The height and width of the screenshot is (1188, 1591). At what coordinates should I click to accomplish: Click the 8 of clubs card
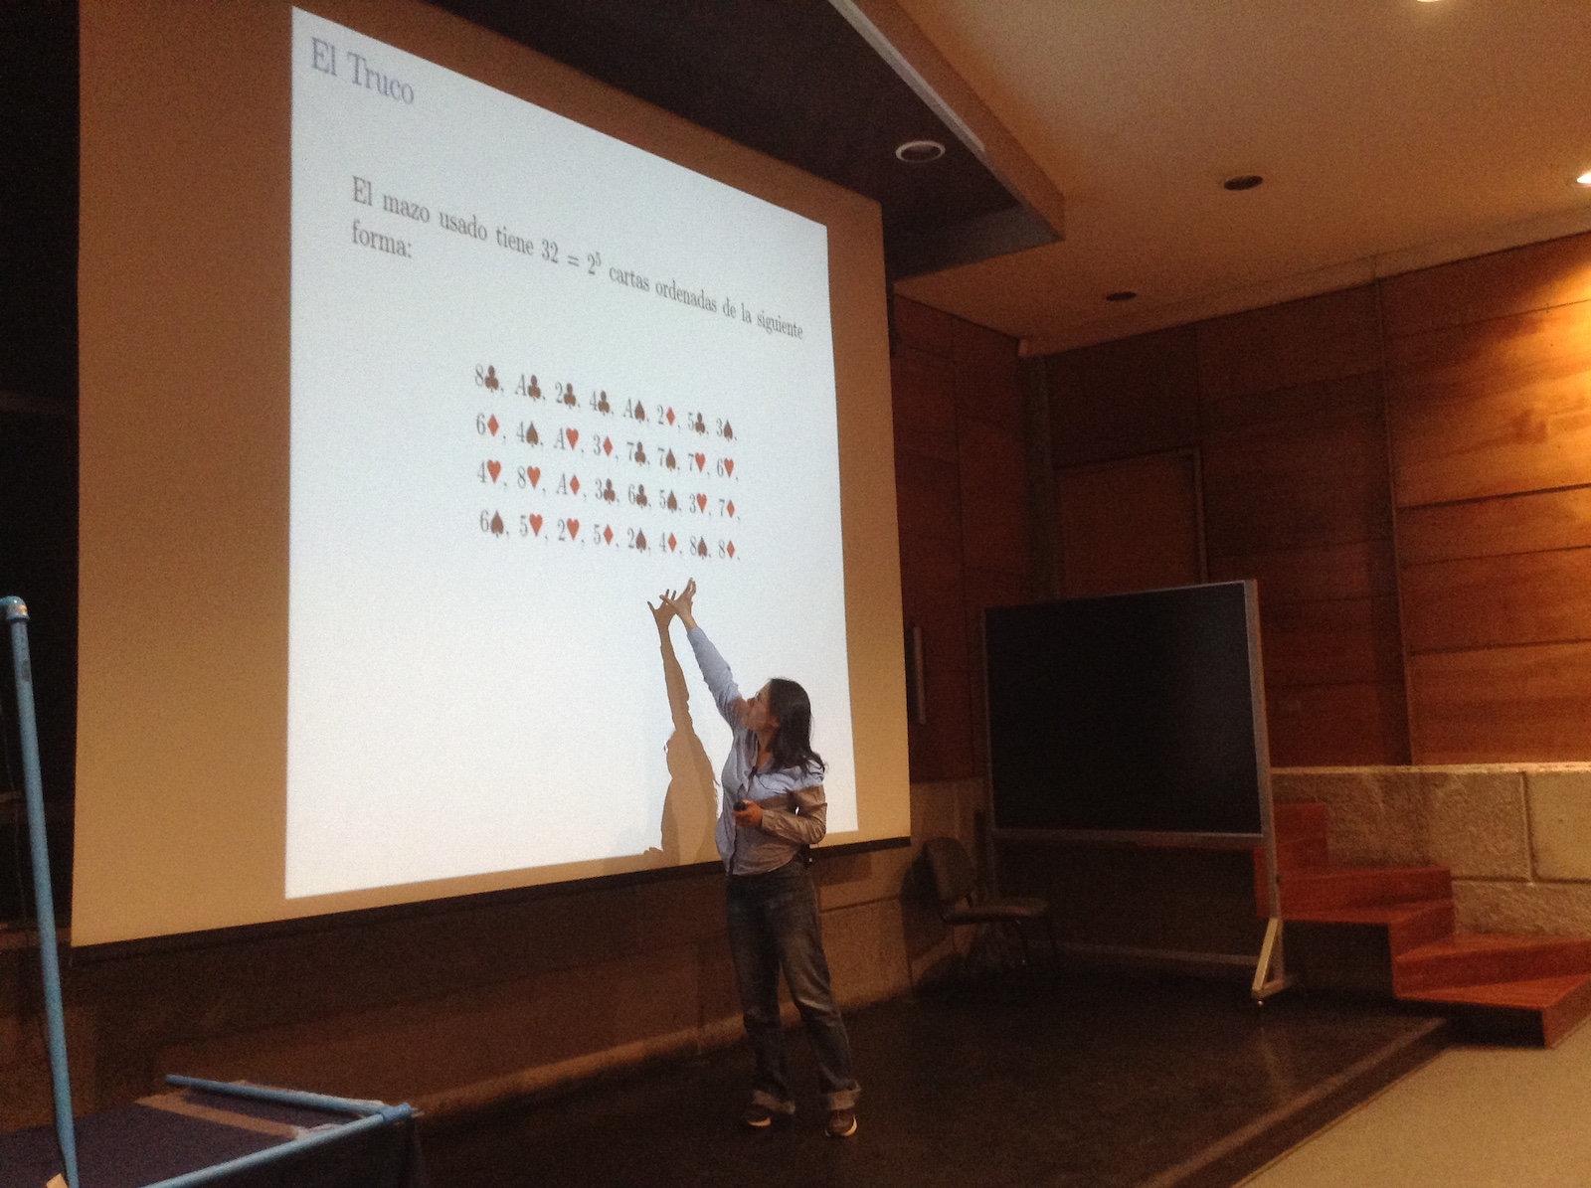click(x=487, y=378)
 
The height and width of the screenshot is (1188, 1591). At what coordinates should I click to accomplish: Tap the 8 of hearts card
click(x=528, y=477)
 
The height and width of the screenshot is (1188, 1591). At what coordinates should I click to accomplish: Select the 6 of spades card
click(x=492, y=523)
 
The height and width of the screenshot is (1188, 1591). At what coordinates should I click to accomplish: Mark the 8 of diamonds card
click(x=727, y=549)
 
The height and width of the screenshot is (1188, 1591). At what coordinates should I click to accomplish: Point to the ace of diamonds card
click(x=568, y=486)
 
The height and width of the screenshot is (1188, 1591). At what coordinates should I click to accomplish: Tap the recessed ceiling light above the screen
click(x=920, y=150)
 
